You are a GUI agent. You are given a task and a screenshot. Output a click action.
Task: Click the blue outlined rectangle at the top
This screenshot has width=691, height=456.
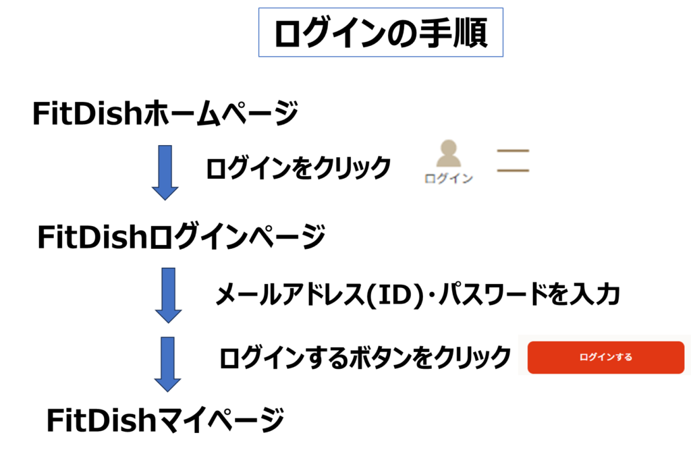coord(381,32)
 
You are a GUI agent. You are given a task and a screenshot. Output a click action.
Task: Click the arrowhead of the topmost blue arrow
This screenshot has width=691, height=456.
coord(165,192)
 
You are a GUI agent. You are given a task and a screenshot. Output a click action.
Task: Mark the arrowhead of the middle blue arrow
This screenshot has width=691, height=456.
coord(169,315)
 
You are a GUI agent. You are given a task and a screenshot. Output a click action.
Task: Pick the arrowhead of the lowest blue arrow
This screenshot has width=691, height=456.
coord(168,384)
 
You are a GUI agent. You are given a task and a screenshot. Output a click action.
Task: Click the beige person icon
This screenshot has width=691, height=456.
coord(448,154)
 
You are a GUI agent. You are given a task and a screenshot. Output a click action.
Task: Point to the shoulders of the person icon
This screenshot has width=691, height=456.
coord(448,161)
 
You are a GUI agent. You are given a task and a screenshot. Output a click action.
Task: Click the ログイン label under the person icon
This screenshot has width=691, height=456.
coord(448,179)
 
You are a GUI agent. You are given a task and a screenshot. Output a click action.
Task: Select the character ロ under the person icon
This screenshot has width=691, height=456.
coord(431,179)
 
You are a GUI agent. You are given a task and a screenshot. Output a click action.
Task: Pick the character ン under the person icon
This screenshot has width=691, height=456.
coord(467,179)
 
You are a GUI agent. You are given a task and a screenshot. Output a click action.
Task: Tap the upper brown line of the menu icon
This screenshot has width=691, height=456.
coord(513,150)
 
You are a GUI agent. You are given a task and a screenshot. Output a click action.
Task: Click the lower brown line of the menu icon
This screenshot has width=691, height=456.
coord(513,171)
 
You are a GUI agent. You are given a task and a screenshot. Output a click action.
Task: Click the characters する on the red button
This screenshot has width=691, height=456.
coord(624,358)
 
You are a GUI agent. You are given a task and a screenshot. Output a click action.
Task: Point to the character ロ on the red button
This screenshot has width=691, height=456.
coord(584,358)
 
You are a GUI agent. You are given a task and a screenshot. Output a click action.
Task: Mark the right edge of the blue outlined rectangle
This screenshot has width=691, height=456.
coord(503,32)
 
